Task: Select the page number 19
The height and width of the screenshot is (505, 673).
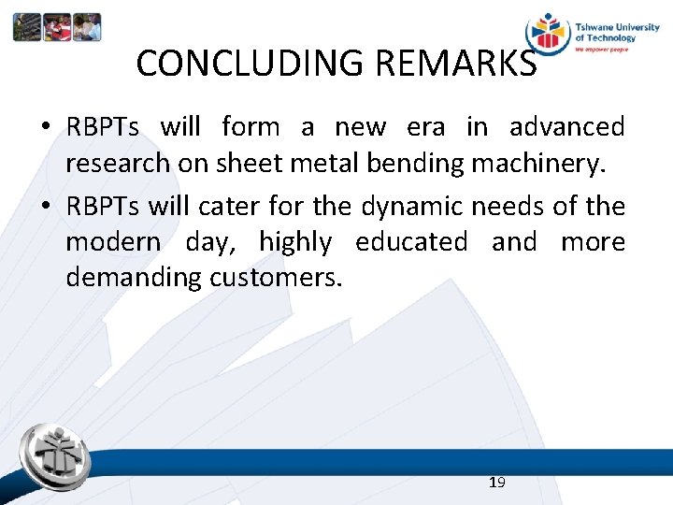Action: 496,482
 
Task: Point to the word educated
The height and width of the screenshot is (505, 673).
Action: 411,242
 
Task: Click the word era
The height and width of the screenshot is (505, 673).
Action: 425,126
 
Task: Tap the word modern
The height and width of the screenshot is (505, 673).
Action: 112,242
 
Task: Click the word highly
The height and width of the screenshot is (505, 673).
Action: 294,242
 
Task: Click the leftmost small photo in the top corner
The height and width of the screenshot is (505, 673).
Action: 27,27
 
